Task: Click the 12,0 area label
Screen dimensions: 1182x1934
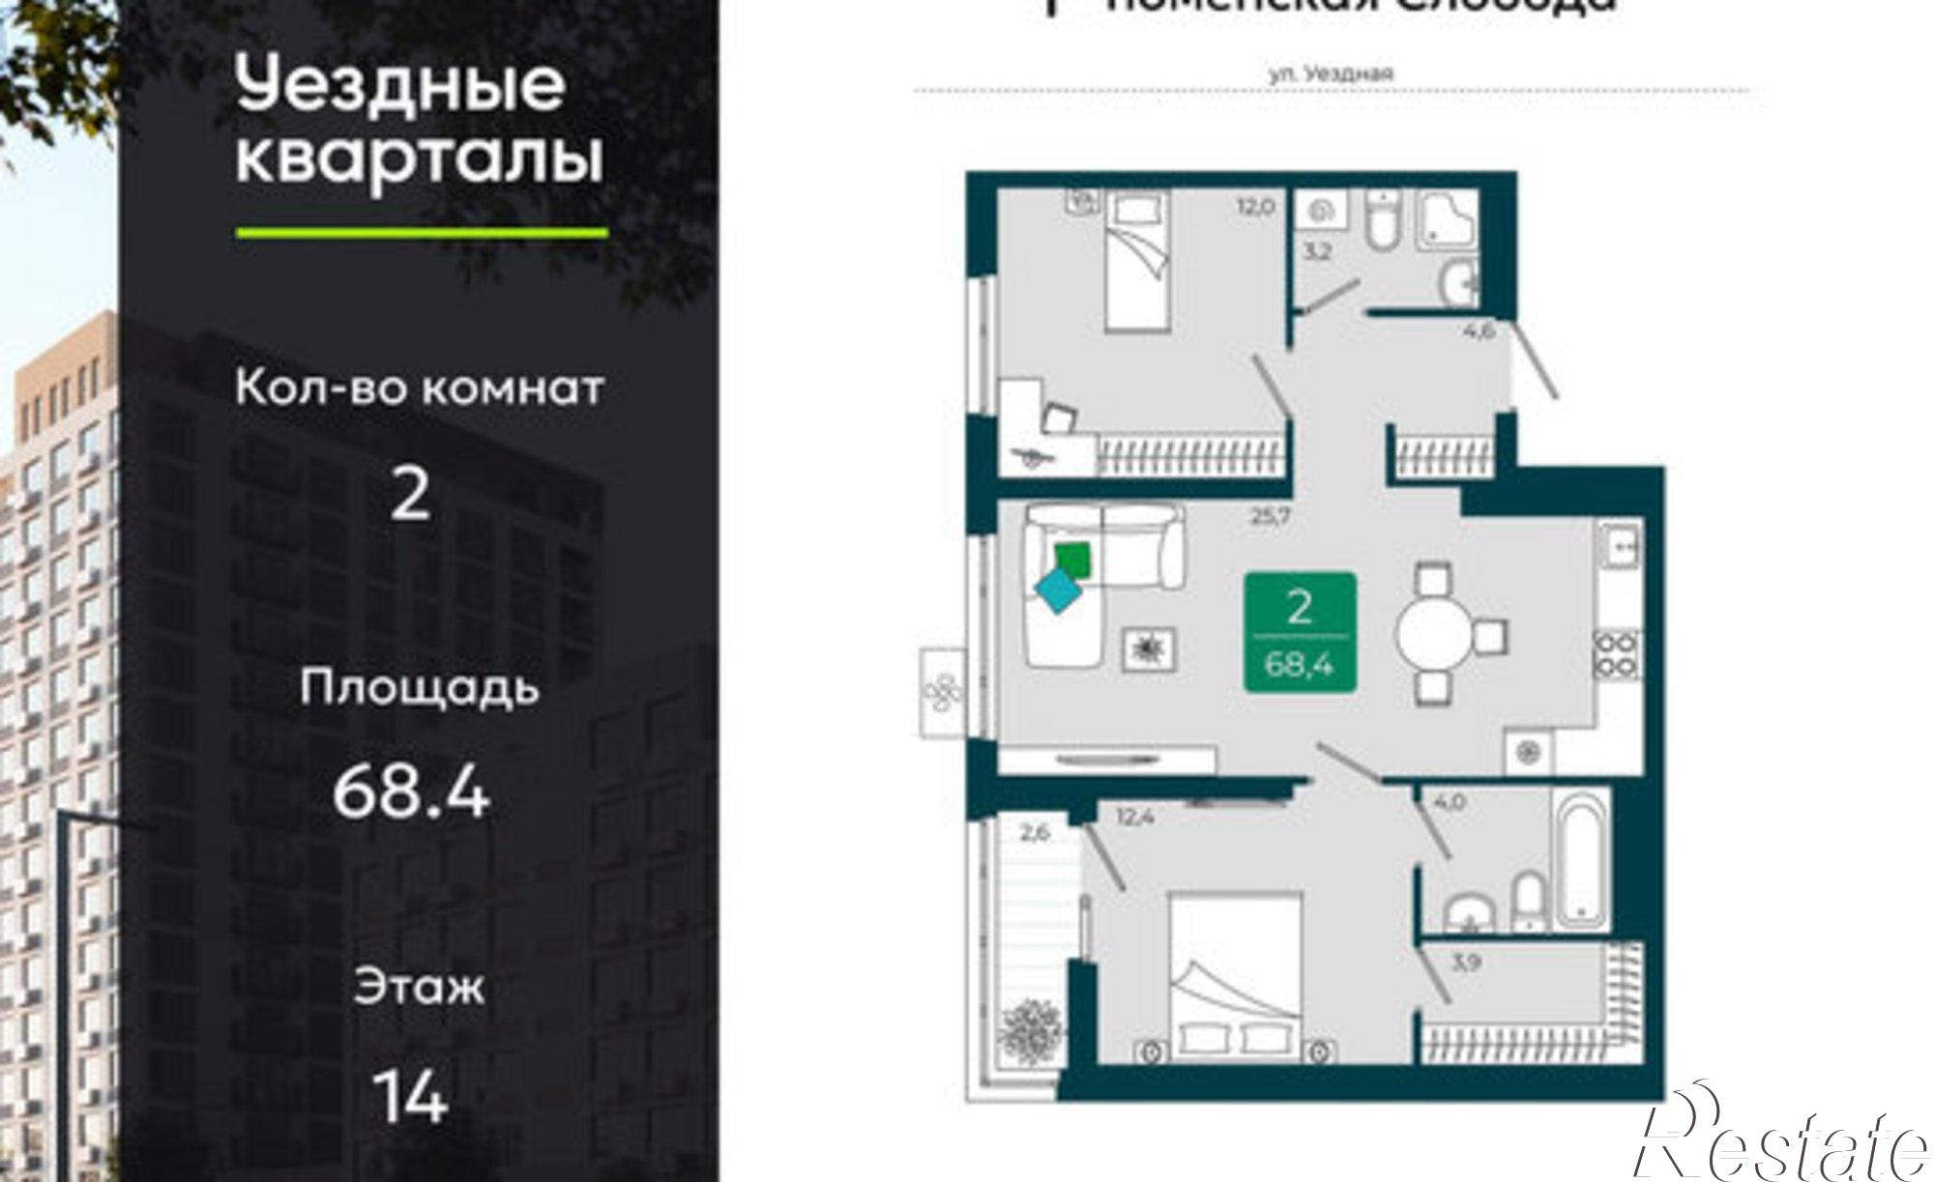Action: tap(1254, 207)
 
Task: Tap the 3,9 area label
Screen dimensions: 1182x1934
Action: tap(1466, 963)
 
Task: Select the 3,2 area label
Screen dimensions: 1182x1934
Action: tap(1317, 254)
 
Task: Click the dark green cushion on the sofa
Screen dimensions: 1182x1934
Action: tap(1071, 560)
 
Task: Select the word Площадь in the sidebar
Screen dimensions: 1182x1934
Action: tap(419, 688)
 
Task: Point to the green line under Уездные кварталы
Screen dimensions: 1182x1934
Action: tap(422, 233)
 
